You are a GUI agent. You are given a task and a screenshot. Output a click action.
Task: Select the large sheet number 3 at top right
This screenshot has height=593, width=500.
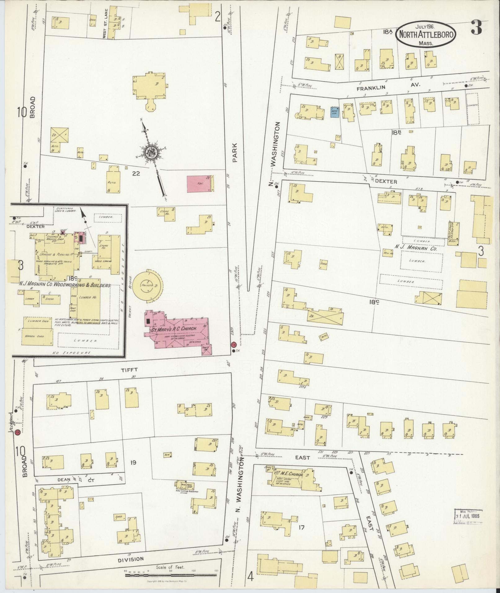click(476, 28)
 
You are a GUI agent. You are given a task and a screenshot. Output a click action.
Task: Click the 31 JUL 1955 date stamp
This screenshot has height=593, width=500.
click(468, 516)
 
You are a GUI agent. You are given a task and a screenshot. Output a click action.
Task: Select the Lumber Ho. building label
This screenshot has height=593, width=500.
click(88, 297)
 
